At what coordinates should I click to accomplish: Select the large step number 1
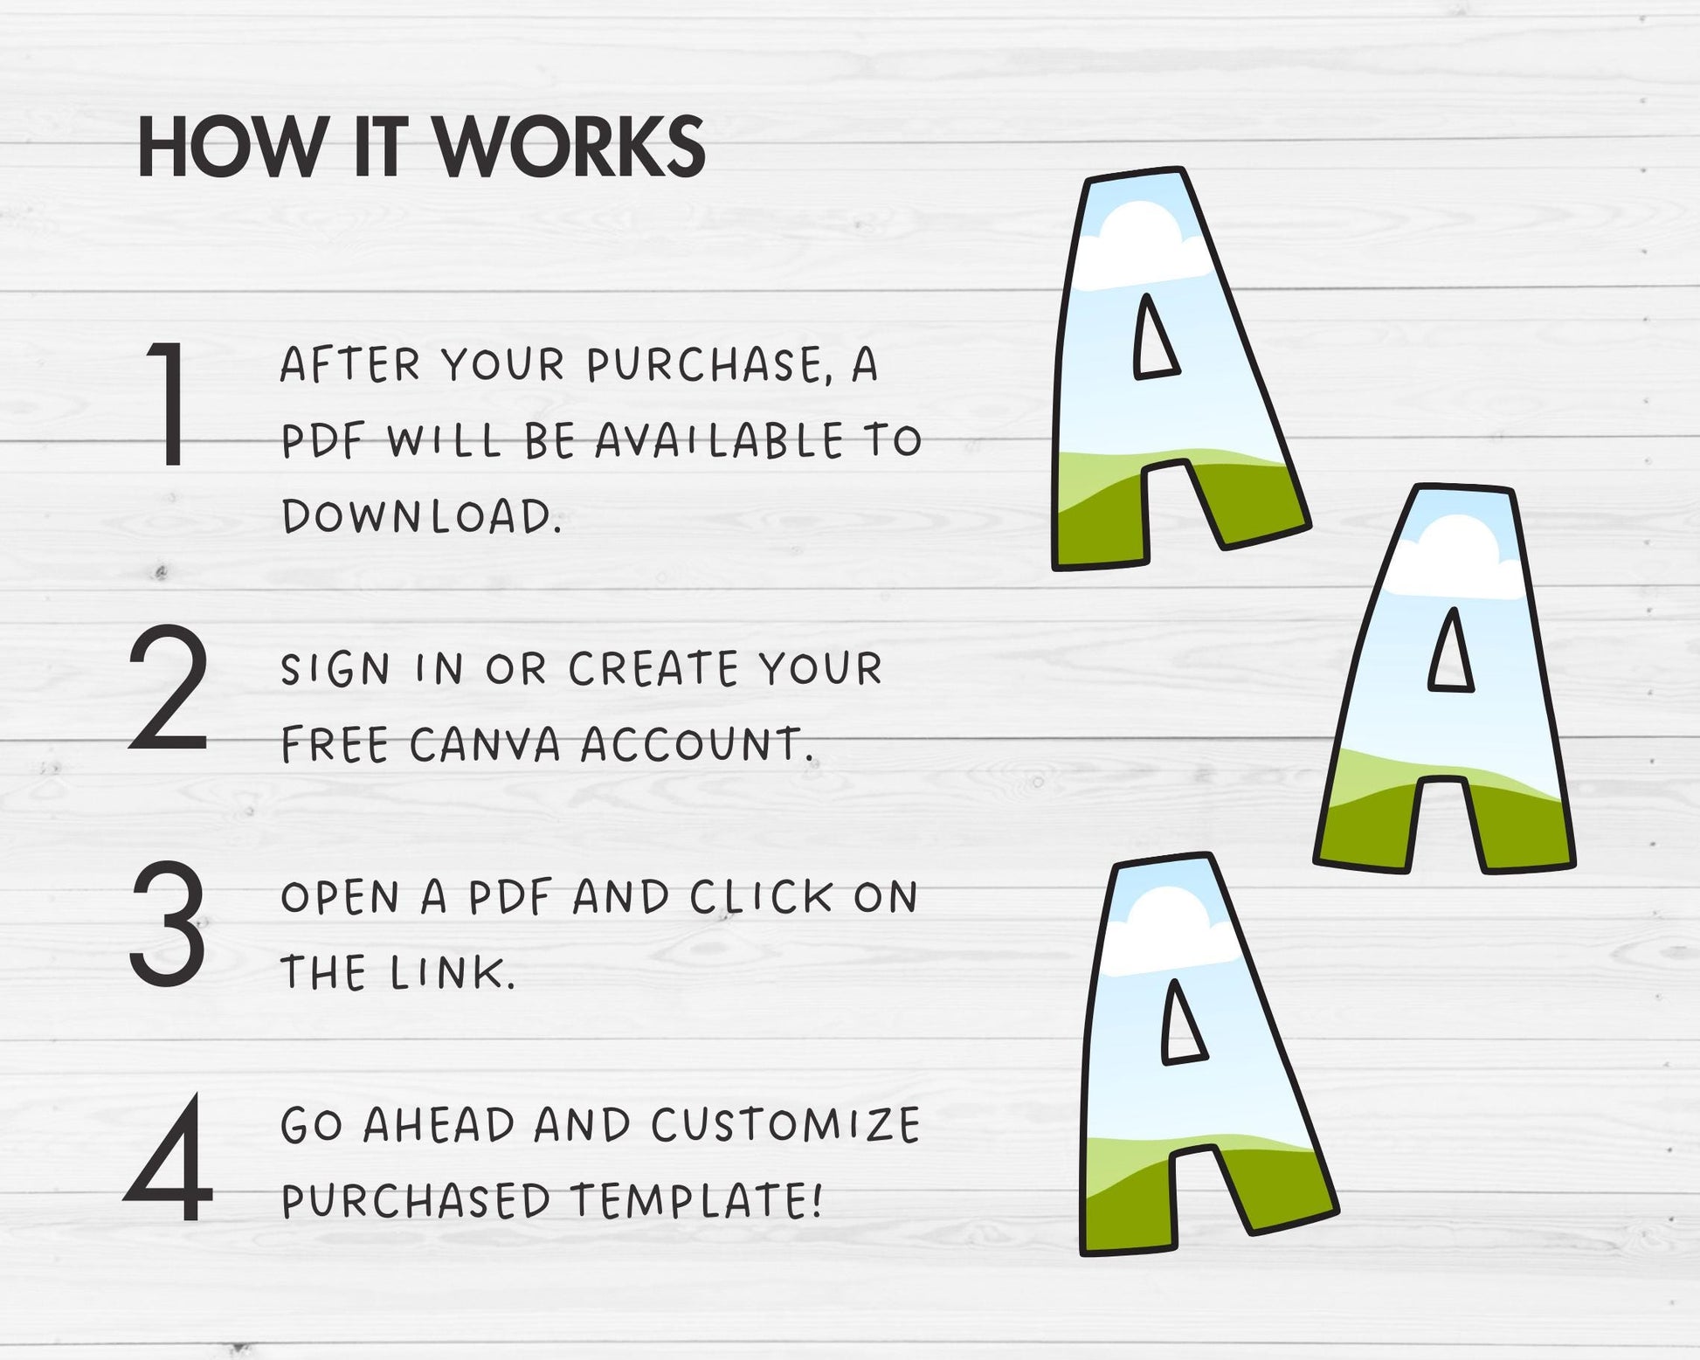point(168,404)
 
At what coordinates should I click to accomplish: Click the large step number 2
point(169,687)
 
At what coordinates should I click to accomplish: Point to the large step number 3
point(168,923)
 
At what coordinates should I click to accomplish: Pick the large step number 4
point(169,1159)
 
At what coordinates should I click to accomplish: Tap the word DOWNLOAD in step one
point(421,516)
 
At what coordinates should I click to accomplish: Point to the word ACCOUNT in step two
point(697,745)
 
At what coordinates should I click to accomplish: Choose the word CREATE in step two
point(654,670)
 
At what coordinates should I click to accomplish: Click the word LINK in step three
point(453,973)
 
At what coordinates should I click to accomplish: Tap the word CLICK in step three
point(761,897)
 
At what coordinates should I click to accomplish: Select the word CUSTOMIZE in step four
point(785,1125)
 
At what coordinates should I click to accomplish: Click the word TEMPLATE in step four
point(696,1200)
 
